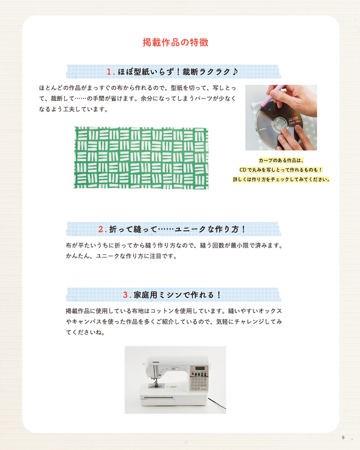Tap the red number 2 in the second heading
(101, 229)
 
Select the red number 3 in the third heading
(125, 295)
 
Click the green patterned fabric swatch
(141, 157)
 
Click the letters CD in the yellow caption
(244, 170)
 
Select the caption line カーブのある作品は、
(281, 160)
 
